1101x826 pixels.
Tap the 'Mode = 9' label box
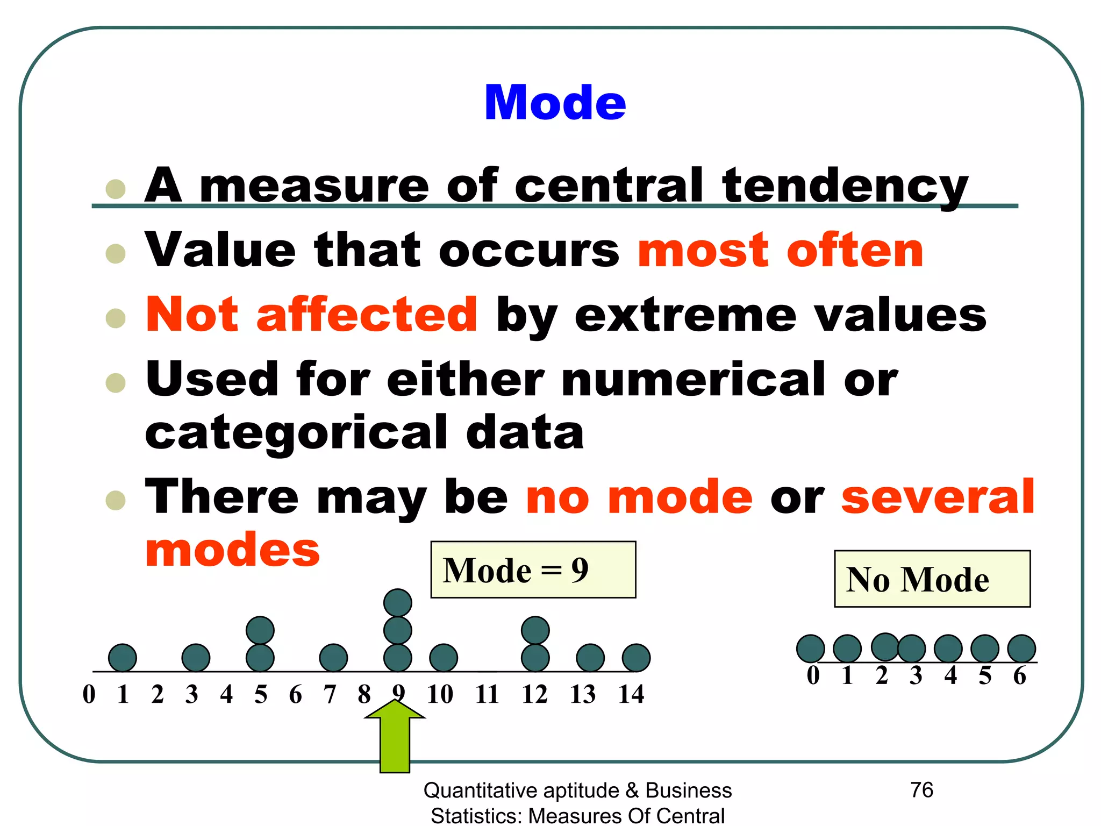(x=533, y=569)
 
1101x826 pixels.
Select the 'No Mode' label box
(x=932, y=579)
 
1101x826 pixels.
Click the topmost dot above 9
(x=398, y=602)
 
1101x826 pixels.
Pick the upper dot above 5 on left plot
(x=260, y=630)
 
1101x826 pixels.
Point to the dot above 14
(x=636, y=658)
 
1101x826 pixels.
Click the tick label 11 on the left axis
(x=487, y=694)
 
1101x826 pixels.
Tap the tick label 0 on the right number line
(x=813, y=675)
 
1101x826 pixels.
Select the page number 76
(x=922, y=790)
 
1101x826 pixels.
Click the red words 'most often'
(x=780, y=251)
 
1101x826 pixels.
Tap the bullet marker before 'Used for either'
(x=116, y=383)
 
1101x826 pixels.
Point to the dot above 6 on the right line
(x=1021, y=649)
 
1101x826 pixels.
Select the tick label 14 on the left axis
(x=631, y=694)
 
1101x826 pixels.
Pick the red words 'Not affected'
(x=311, y=315)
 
